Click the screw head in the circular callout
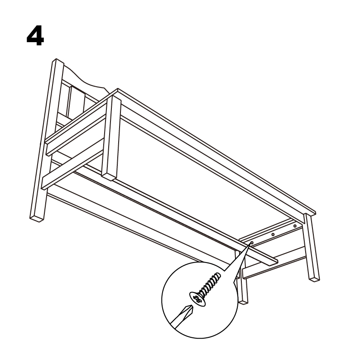(x=197, y=299)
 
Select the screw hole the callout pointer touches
(x=252, y=243)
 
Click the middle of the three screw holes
(x=273, y=234)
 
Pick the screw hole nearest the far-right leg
(x=295, y=226)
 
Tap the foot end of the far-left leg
(x=36, y=219)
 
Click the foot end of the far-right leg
(x=314, y=279)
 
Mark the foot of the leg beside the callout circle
(x=243, y=302)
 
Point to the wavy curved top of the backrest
(x=85, y=78)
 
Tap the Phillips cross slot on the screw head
(x=197, y=299)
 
